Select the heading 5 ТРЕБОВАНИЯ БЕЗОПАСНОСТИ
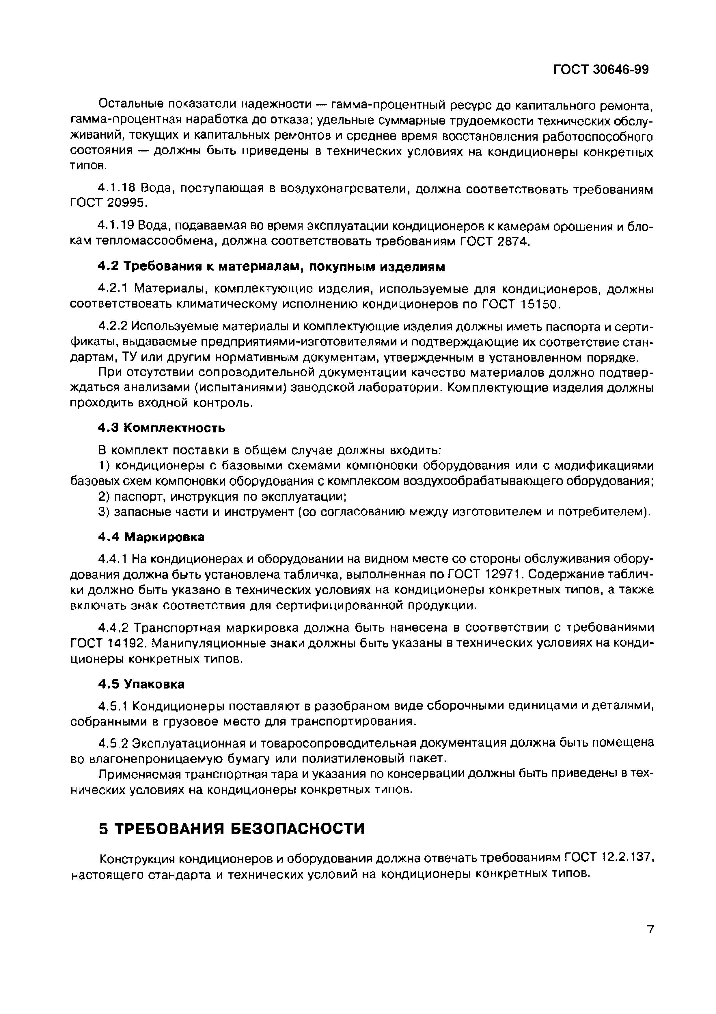coord(232,828)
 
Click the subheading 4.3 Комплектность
coord(161,428)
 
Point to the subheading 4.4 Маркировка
coord(151,537)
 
